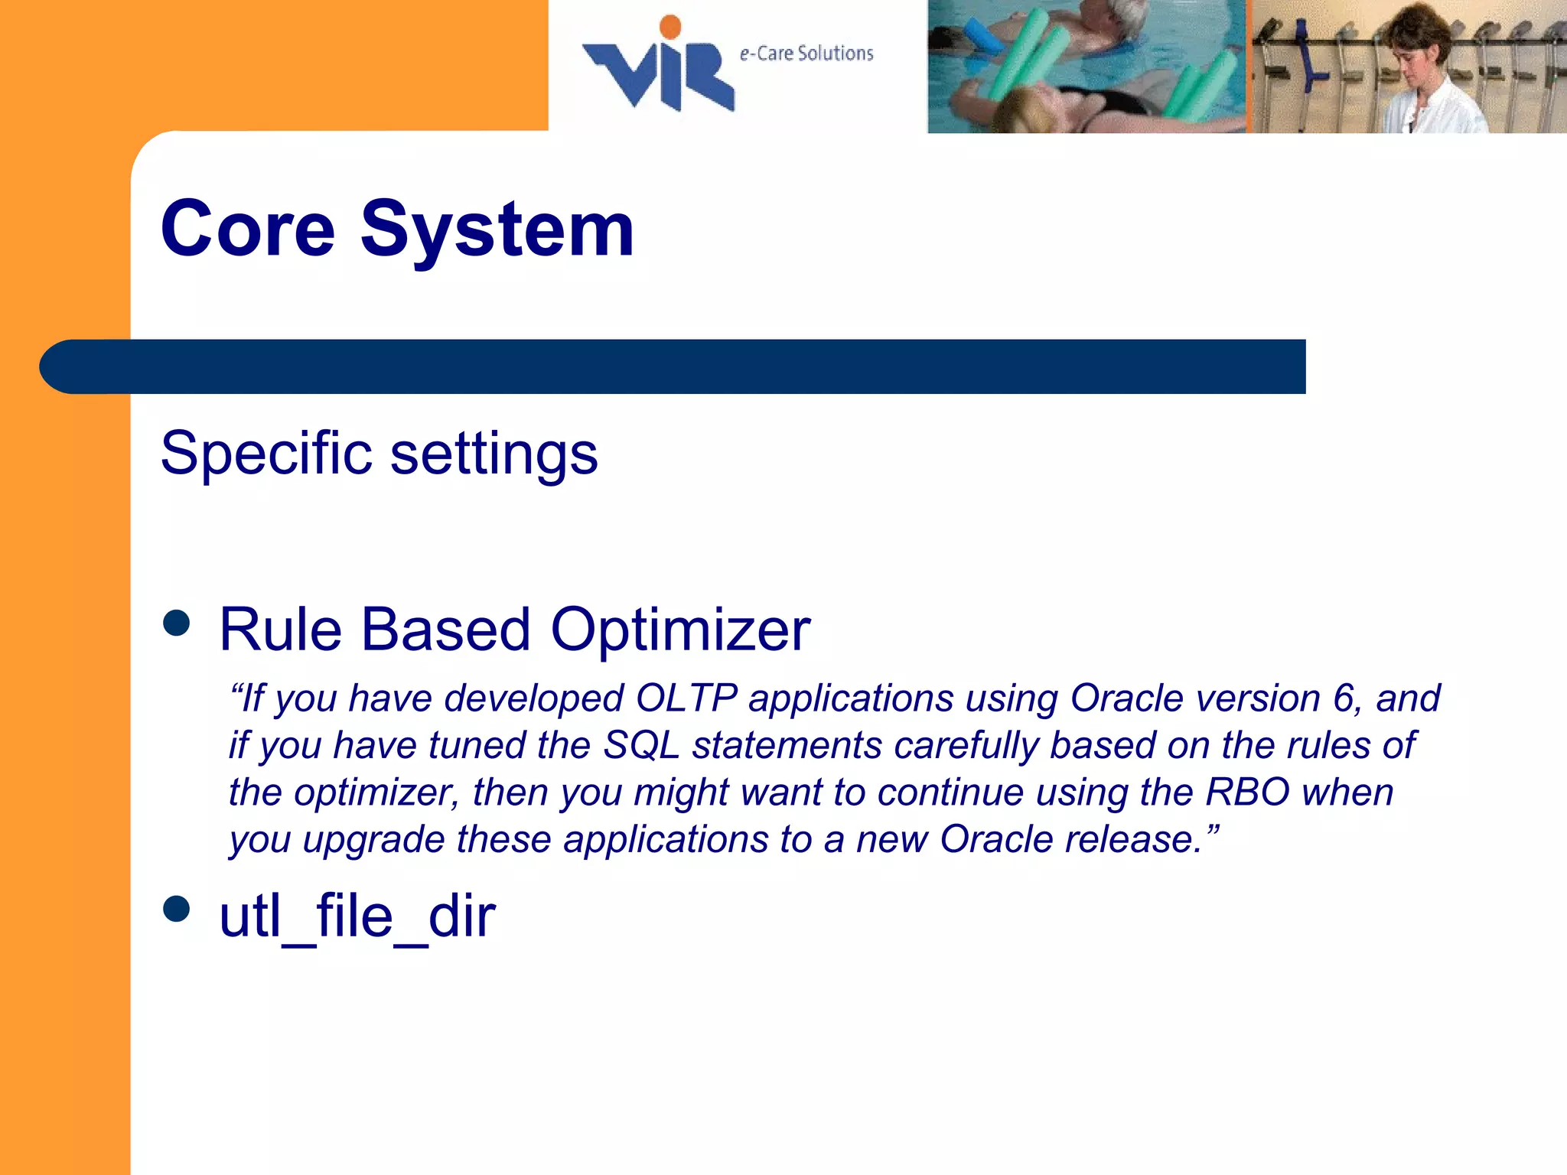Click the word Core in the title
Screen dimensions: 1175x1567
coord(247,229)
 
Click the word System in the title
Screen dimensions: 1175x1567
coord(497,229)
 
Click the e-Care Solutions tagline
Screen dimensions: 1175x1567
coord(806,54)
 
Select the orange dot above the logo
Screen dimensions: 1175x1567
coord(670,27)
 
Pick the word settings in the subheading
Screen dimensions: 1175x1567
coord(494,454)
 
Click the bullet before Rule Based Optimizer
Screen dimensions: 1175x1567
coord(177,623)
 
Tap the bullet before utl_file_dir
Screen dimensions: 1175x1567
coord(177,910)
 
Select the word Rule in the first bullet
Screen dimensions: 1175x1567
coord(280,630)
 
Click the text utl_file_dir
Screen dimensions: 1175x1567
coord(357,916)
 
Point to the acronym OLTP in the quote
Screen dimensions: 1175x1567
coord(686,698)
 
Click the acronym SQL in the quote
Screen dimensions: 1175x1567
coord(641,746)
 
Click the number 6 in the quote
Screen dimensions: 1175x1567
coord(1344,698)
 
